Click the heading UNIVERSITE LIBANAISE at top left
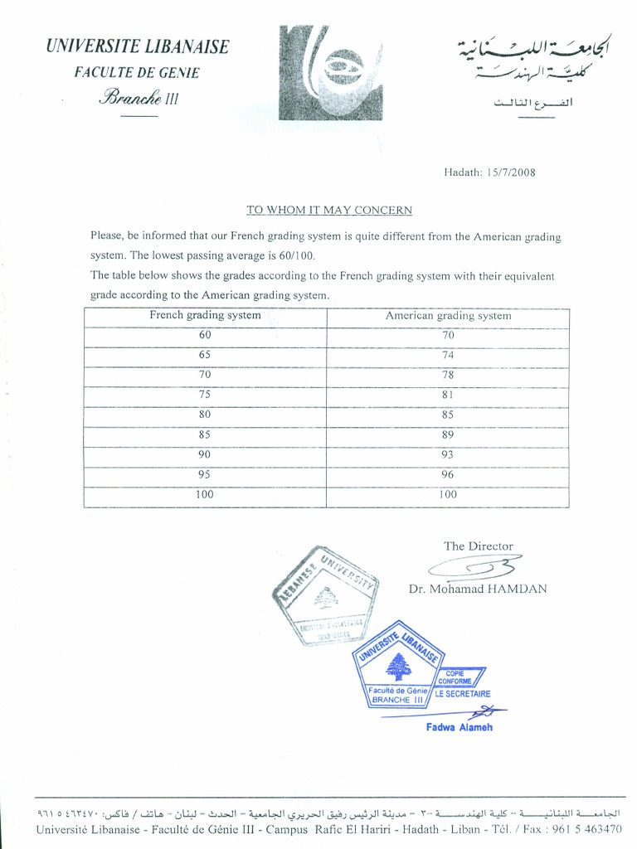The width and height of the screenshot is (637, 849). tap(138, 47)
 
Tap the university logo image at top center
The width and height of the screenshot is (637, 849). tap(330, 73)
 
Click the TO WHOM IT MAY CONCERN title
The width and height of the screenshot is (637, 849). tap(329, 210)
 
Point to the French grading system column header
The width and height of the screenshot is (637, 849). tap(205, 315)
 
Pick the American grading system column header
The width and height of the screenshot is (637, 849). tap(448, 315)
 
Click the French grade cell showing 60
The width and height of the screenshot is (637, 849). tap(205, 335)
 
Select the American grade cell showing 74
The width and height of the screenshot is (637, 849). tap(448, 355)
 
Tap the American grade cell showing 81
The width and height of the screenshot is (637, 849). tap(448, 395)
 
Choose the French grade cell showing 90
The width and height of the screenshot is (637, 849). tap(205, 454)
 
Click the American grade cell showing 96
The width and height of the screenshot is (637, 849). tap(448, 474)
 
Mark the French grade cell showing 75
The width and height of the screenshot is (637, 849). tap(205, 395)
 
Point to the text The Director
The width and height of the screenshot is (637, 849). tap(479, 546)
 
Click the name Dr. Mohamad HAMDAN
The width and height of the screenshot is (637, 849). tap(478, 589)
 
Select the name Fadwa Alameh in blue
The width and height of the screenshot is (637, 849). tap(460, 727)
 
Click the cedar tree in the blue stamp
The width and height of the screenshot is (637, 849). tap(401, 666)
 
